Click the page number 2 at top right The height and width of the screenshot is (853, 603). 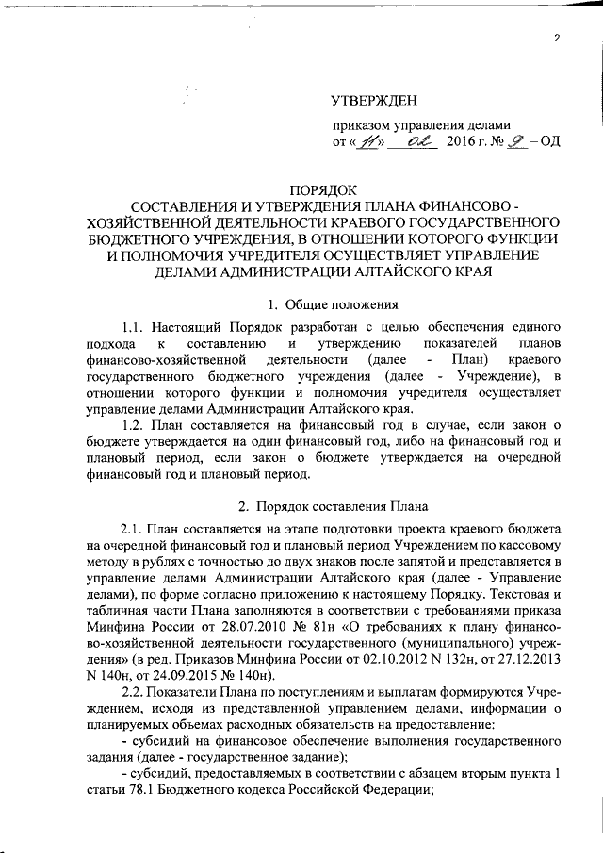point(557,39)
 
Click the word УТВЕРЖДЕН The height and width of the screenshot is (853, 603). point(374,101)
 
